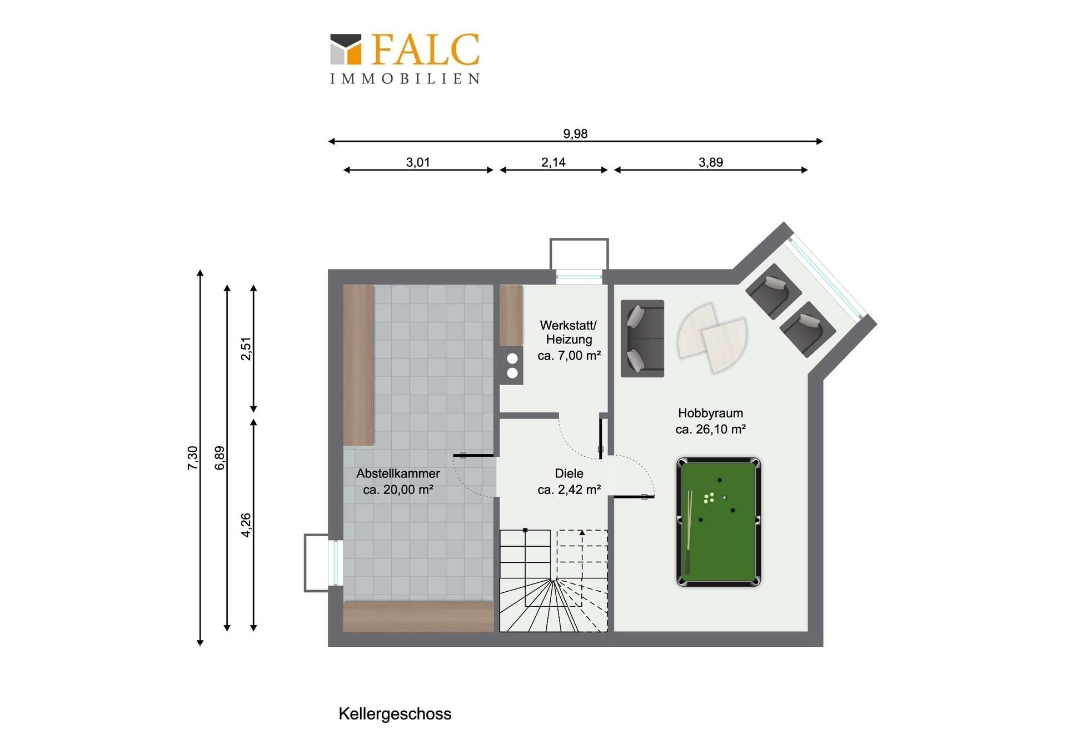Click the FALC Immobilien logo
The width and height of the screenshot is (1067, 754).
coord(405,58)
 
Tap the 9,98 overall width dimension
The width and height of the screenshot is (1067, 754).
coord(575,134)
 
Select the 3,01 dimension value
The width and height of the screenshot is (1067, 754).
coord(418,162)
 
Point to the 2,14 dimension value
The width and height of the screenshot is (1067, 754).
coord(554,162)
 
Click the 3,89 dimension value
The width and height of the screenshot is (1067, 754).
coord(711,162)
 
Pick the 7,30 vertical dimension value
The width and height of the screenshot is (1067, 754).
coord(192,458)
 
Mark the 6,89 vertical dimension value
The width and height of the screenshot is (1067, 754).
coord(220,458)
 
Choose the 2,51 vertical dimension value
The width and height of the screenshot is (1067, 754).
coord(246,349)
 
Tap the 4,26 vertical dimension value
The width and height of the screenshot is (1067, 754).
coord(246,525)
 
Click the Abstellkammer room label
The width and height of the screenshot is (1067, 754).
coord(398,481)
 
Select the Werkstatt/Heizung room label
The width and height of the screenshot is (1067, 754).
coord(569,340)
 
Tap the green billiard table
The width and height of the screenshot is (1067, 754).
coord(719,522)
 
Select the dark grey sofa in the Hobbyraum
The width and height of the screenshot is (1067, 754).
coord(642,338)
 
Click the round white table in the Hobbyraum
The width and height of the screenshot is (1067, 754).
coord(712,337)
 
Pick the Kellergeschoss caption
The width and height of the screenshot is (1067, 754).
coord(395,714)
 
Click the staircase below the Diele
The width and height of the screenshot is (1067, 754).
coord(554,581)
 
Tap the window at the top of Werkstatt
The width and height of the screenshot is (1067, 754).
coord(579,276)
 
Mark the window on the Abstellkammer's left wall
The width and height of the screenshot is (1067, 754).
coord(335,562)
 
